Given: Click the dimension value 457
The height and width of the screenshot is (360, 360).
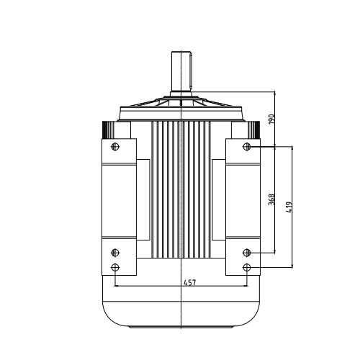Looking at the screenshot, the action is point(190,283).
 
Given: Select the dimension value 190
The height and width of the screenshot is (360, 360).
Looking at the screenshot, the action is point(271,120).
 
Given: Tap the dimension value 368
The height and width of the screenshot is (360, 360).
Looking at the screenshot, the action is point(271,199).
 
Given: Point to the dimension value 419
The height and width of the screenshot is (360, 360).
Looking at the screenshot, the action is point(289,207).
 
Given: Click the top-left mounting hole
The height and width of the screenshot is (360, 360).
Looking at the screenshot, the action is point(115,146).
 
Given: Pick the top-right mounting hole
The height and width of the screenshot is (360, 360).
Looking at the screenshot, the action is point(247,146).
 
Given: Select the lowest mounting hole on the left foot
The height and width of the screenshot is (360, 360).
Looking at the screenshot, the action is point(115,267).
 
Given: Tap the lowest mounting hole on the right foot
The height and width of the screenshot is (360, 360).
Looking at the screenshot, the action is point(247,267).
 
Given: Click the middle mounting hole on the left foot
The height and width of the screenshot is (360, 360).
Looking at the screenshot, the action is point(115,253).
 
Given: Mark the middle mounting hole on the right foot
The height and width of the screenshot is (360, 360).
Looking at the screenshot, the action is point(247,253).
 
